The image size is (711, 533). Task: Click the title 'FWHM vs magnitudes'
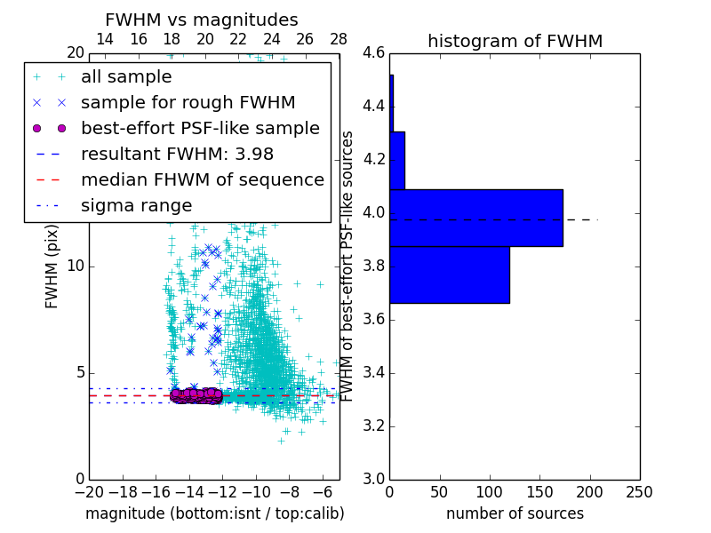click(x=202, y=20)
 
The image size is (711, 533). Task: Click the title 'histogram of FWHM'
click(x=515, y=41)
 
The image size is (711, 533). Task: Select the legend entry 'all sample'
click(x=126, y=76)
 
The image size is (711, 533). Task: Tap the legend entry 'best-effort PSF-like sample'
click(x=200, y=128)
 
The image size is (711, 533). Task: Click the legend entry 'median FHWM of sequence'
click(x=202, y=179)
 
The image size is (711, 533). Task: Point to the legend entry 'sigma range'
click(x=136, y=205)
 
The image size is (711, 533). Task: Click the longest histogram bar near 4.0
click(x=475, y=218)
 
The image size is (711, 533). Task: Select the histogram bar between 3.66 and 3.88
click(x=449, y=274)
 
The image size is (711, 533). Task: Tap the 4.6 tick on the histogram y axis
click(x=373, y=53)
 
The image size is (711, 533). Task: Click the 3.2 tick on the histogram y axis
click(x=373, y=426)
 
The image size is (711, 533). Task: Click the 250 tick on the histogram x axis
click(x=639, y=491)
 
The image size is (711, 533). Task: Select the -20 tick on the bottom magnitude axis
click(x=89, y=491)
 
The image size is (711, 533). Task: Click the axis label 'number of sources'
click(x=515, y=513)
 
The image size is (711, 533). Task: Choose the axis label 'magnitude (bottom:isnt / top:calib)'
click(x=214, y=513)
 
